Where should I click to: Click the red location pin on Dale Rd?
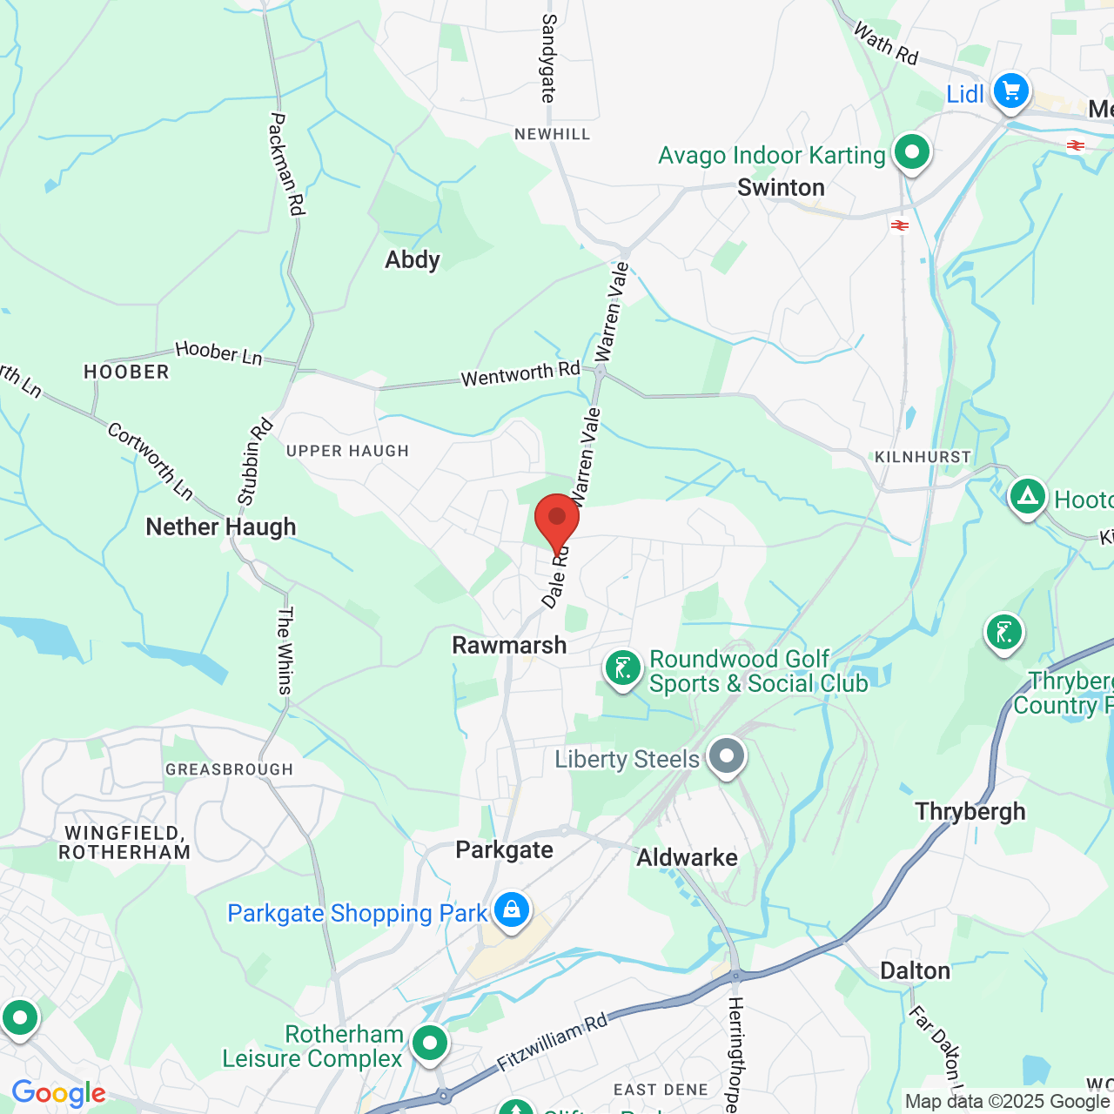557,520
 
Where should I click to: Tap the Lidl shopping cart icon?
1010,91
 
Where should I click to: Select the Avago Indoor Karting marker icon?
911,153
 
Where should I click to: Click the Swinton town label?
781,187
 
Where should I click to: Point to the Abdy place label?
413,259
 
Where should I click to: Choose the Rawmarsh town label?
509,645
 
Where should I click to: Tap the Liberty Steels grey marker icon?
726,757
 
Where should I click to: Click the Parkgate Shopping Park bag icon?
511,910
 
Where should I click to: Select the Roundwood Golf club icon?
623,669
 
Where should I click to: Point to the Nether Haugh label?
221,527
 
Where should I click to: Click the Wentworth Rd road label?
520,374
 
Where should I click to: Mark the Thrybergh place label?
970,811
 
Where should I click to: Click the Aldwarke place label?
687,857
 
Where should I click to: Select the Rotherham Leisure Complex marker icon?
429,1044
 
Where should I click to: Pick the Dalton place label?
915,970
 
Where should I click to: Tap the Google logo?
59,1093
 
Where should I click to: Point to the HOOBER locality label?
126,372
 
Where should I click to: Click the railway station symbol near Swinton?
900,226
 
